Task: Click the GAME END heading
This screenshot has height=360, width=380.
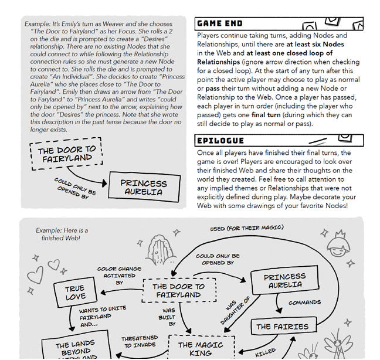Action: [220, 24]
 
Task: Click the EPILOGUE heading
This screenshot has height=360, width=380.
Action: [220, 141]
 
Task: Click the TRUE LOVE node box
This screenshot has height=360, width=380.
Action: [74, 293]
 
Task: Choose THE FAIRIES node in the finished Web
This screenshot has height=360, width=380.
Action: [283, 327]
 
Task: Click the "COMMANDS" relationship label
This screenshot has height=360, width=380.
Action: [304, 303]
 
